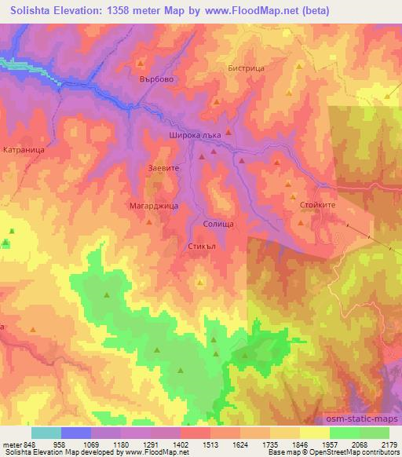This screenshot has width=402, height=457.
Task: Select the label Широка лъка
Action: (x=201, y=135)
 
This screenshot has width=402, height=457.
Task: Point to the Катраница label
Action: (x=21, y=148)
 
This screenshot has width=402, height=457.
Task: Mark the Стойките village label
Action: (x=318, y=204)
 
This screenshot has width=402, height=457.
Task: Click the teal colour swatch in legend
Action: (x=46, y=433)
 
